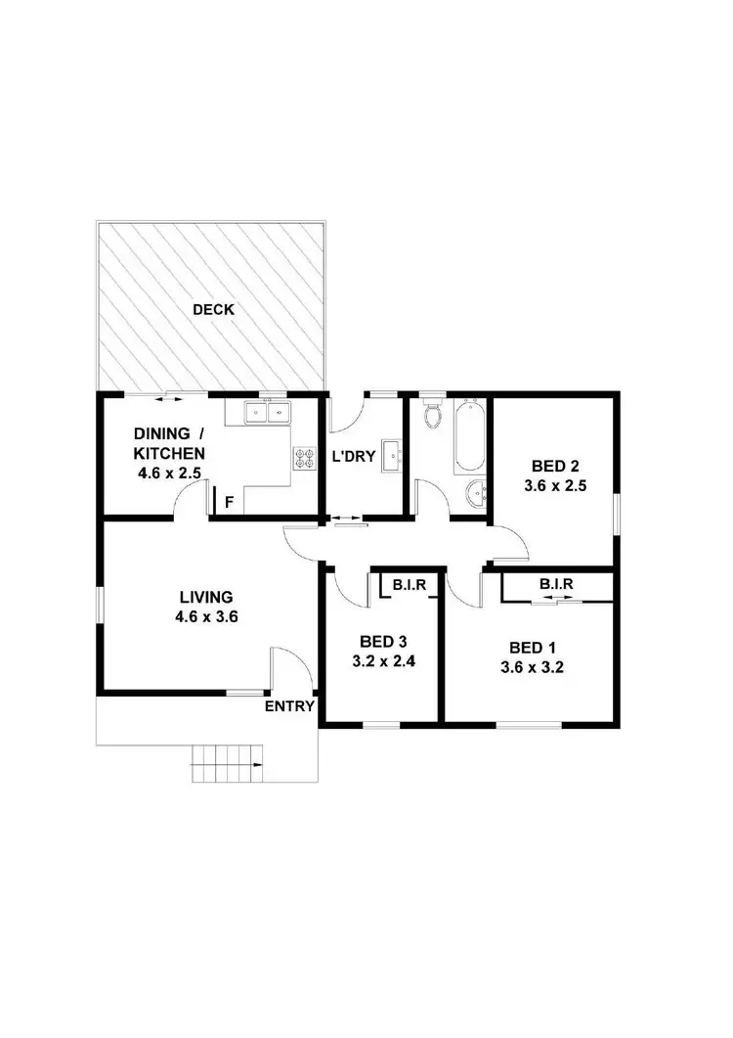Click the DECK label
(x=213, y=310)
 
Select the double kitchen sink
(x=267, y=412)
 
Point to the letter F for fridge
(x=229, y=503)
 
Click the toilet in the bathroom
(x=433, y=415)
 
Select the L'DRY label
(x=354, y=457)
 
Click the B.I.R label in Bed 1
(x=555, y=585)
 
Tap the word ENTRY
(x=289, y=706)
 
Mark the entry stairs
(x=228, y=763)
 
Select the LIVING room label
(x=205, y=597)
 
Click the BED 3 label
(x=381, y=642)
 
